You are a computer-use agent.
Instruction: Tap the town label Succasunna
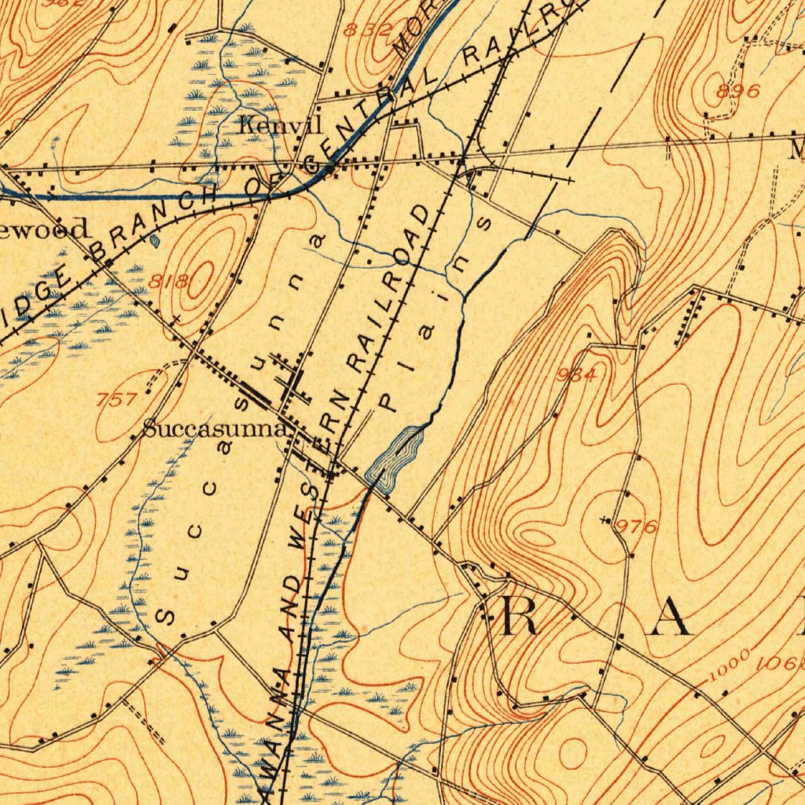pyautogui.click(x=214, y=430)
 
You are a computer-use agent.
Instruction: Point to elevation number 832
pyautogui.click(x=368, y=31)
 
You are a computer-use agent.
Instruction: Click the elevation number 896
pyautogui.click(x=738, y=91)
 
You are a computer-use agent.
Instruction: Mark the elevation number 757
pyautogui.click(x=117, y=399)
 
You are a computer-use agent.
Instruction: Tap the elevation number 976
pyautogui.click(x=636, y=527)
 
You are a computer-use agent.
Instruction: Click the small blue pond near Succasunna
pyautogui.click(x=396, y=459)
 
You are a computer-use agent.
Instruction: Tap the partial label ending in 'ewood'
pyautogui.click(x=44, y=230)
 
